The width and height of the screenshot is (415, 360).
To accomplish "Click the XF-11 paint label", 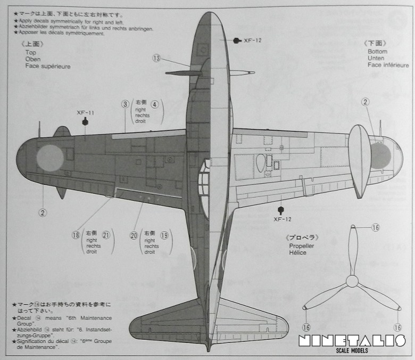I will coord(85,113).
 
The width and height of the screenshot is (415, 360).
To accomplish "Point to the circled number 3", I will coord(124,104).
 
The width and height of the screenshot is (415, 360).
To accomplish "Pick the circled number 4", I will coord(155,104).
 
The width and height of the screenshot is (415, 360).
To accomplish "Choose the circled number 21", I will coord(106,234).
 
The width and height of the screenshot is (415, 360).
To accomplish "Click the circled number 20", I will coord(134,234).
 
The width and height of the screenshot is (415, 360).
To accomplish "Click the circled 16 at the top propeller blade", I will coord(375,227).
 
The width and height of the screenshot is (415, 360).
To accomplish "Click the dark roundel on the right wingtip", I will coord(381,156).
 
